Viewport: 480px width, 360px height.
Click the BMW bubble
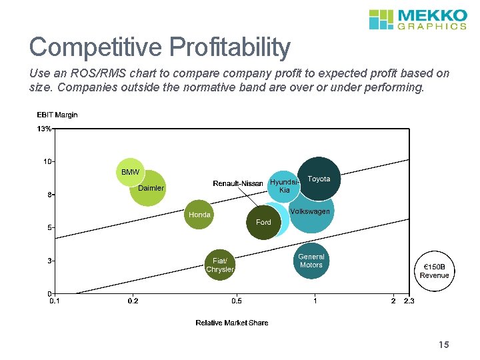(130, 173)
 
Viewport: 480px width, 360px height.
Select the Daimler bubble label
(151, 188)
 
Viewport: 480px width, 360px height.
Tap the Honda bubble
(199, 215)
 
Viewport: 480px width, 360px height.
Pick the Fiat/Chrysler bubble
(219, 265)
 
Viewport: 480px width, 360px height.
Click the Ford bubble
(263, 223)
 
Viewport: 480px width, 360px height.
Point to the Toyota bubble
(319, 179)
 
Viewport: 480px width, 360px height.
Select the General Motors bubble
(311, 261)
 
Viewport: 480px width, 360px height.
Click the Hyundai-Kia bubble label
(284, 187)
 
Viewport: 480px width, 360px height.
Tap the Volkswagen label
(310, 211)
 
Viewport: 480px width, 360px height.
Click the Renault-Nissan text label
(237, 183)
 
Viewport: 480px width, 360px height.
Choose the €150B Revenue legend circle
(434, 271)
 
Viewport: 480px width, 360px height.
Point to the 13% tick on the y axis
(44, 129)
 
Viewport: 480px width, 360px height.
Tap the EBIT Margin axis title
(57, 115)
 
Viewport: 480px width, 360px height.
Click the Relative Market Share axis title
(231, 323)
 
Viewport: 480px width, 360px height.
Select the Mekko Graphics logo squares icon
(381, 19)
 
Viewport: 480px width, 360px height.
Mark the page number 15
(444, 345)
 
